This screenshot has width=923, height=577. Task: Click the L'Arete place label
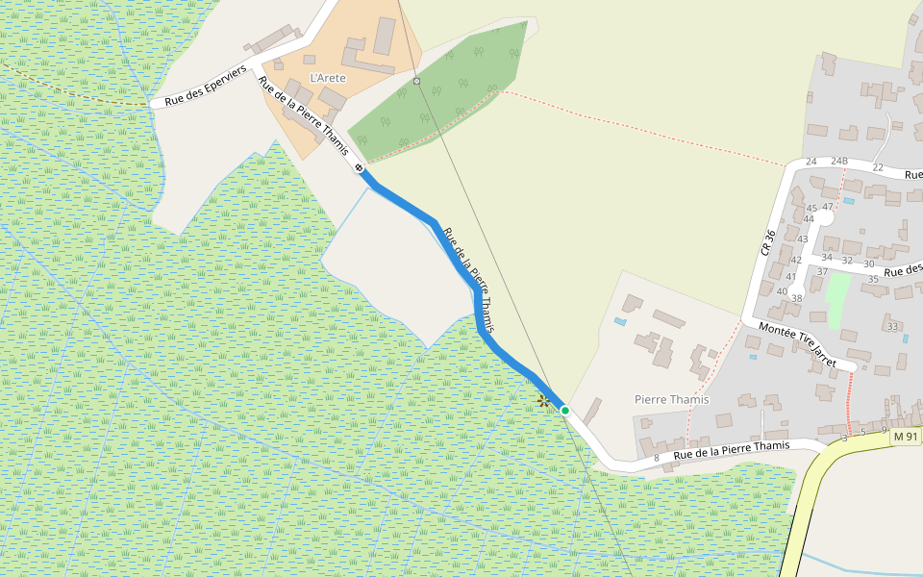327,78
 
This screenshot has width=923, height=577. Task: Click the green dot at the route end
565,411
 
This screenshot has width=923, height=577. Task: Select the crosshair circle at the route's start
360,168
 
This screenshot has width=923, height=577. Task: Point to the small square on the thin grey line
416,81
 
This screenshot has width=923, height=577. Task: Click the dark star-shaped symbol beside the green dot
543,401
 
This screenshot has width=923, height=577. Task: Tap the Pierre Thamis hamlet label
671,399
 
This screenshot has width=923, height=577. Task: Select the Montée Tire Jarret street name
797,341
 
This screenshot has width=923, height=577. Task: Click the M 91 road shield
906,437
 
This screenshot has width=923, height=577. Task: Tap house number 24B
839,161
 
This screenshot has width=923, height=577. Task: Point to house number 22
877,167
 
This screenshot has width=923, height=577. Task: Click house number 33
892,327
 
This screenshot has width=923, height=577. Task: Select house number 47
827,207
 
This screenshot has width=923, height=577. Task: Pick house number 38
796,298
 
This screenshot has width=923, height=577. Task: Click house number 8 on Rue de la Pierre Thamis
656,458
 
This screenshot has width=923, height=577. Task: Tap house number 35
873,280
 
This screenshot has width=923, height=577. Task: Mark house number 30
868,263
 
